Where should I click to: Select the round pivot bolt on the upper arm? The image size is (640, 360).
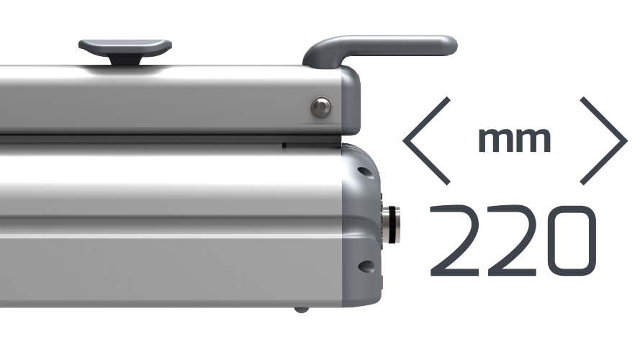[321, 107]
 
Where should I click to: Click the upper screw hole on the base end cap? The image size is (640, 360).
[365, 172]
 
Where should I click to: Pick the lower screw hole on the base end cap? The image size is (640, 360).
[366, 267]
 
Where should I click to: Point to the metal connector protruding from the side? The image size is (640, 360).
[390, 225]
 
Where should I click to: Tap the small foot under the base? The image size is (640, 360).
[301, 310]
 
